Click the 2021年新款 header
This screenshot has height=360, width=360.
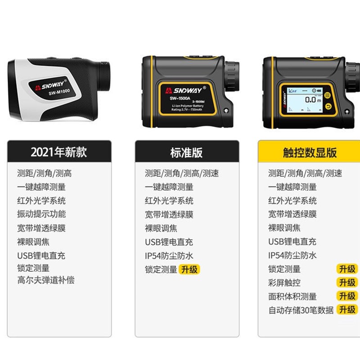click(59, 152)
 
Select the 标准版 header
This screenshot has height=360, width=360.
click(186, 152)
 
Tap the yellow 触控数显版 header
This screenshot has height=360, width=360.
click(310, 152)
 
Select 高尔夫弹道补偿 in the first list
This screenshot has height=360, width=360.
click(46, 280)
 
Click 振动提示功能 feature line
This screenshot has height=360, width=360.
click(41, 214)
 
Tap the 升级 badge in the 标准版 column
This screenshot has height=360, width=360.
click(189, 269)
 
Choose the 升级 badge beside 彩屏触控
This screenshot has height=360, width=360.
click(347, 283)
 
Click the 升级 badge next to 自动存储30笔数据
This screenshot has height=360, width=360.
click(347, 310)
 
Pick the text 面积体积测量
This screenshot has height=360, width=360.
click(292, 296)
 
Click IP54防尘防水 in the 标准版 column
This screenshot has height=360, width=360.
click(169, 256)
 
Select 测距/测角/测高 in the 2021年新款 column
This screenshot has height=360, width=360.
click(45, 173)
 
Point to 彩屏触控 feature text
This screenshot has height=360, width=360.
click(284, 283)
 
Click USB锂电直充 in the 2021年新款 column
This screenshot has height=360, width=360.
click(41, 256)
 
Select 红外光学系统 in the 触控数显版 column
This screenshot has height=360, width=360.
click(292, 201)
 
